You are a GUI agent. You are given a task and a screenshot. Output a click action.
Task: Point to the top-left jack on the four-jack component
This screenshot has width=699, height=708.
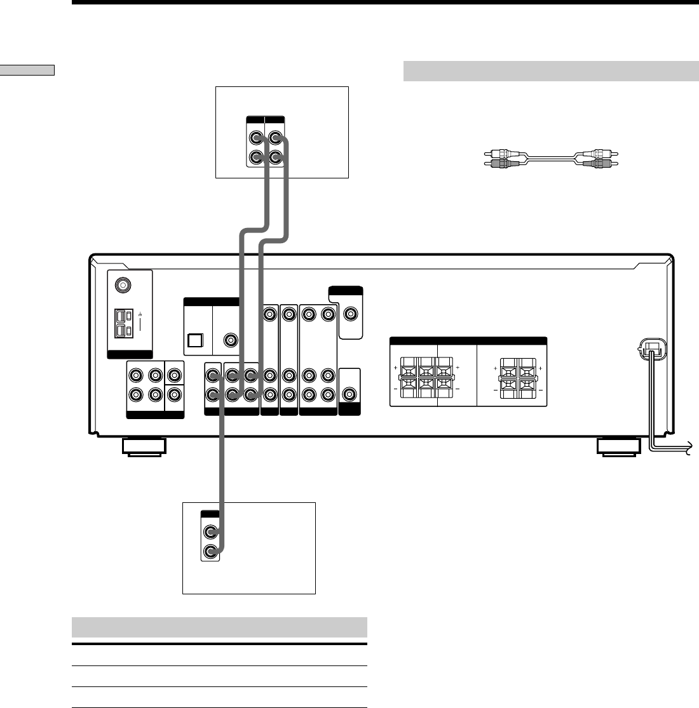click(255, 138)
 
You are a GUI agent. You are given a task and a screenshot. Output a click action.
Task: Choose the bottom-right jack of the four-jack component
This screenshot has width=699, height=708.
click(275, 157)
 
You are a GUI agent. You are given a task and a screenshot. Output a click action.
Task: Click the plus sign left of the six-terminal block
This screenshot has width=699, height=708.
click(395, 368)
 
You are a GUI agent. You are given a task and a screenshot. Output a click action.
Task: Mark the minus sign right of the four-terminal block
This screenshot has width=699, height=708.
click(541, 386)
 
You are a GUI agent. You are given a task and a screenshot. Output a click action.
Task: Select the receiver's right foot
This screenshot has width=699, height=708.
click(618, 448)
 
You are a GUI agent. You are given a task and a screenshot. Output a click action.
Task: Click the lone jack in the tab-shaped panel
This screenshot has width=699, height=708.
click(349, 313)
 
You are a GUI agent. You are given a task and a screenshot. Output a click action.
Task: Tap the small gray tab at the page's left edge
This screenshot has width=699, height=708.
click(27, 70)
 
